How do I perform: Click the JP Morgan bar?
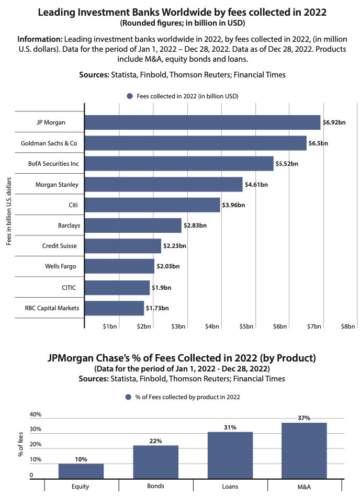coord(202,122)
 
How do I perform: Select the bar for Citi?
coord(152,205)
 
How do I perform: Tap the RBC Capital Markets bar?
coord(114,308)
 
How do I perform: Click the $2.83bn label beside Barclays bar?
coord(194,225)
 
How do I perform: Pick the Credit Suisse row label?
coord(60,246)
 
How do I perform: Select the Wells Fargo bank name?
coord(60,267)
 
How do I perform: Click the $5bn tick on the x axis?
coord(246,326)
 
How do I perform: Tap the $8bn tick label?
coord(348,326)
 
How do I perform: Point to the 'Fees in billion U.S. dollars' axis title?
coord(9,211)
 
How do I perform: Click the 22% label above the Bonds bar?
coord(155,441)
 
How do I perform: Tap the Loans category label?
coord(230,487)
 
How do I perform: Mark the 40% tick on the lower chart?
coord(36,415)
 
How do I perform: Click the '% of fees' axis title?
coord(21,446)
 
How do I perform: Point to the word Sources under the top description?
coord(94,75)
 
